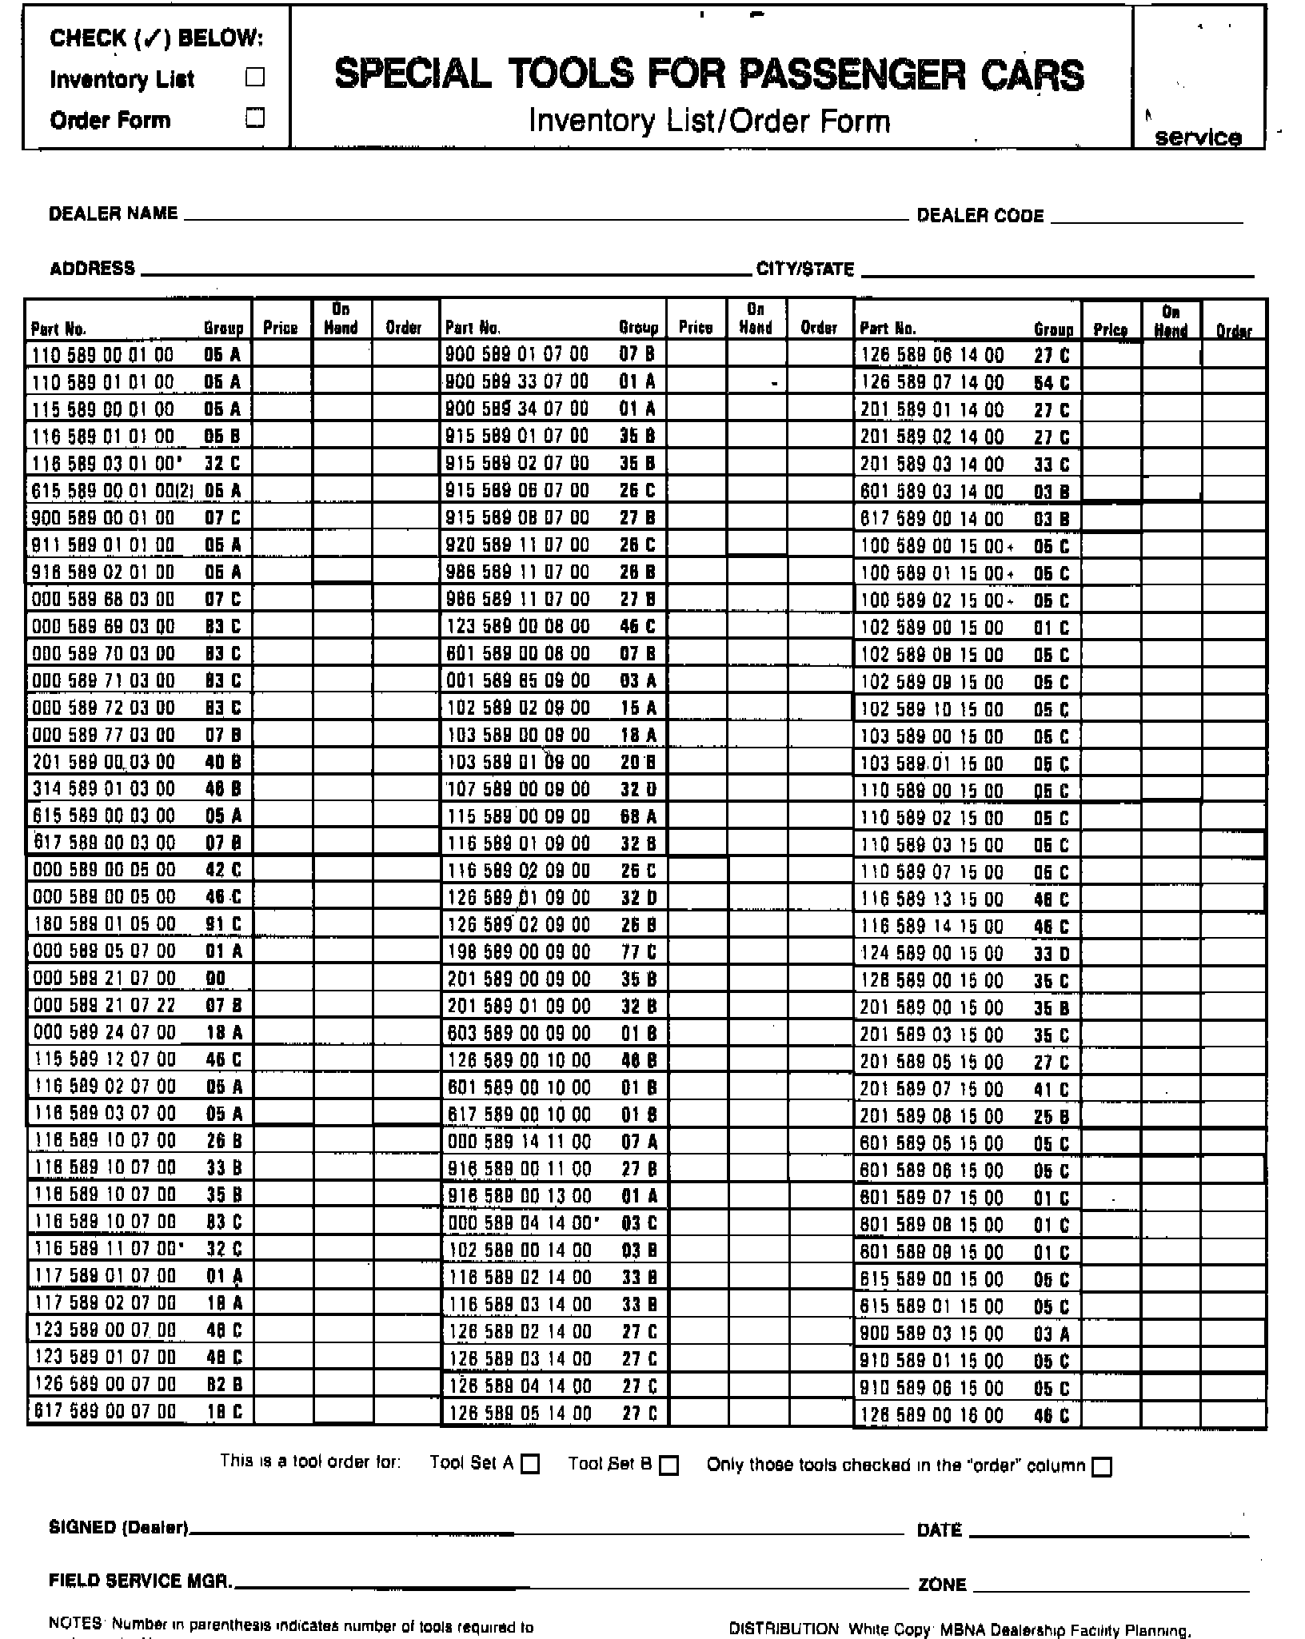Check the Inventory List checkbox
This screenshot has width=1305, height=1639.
(x=255, y=78)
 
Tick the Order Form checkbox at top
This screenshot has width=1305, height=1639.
(x=255, y=118)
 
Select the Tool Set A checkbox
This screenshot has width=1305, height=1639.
(x=530, y=1465)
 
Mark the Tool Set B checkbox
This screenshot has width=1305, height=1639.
(x=669, y=1465)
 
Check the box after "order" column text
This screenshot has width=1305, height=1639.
(x=1102, y=1466)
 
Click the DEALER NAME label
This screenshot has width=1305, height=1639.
(x=114, y=213)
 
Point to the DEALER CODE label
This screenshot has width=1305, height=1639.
(x=980, y=216)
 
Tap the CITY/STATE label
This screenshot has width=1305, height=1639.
(x=805, y=269)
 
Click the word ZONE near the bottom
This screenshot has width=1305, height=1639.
(x=942, y=1585)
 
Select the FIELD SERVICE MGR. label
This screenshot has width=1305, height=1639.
(x=141, y=1581)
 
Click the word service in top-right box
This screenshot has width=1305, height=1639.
(x=1198, y=138)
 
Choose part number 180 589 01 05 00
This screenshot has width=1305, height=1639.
(x=104, y=924)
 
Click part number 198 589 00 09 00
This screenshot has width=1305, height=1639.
(x=518, y=952)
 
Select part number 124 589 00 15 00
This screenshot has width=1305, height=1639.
(x=932, y=954)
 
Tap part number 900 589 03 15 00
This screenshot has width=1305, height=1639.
(x=932, y=1334)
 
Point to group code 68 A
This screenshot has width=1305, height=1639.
(x=638, y=816)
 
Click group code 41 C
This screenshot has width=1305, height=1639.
(x=1052, y=1090)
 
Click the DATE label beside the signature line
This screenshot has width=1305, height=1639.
(x=940, y=1530)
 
